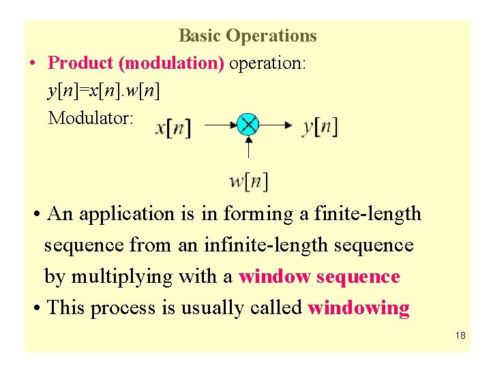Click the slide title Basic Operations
click(x=248, y=35)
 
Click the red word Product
click(x=81, y=63)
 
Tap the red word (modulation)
click(x=171, y=63)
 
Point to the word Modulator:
click(x=91, y=118)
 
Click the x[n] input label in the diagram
click(x=173, y=127)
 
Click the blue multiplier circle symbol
click(x=248, y=125)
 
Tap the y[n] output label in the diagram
click(x=320, y=126)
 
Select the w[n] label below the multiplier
click(x=248, y=181)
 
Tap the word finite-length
click(x=368, y=214)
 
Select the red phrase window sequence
click(x=319, y=277)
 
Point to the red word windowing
click(x=359, y=307)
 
